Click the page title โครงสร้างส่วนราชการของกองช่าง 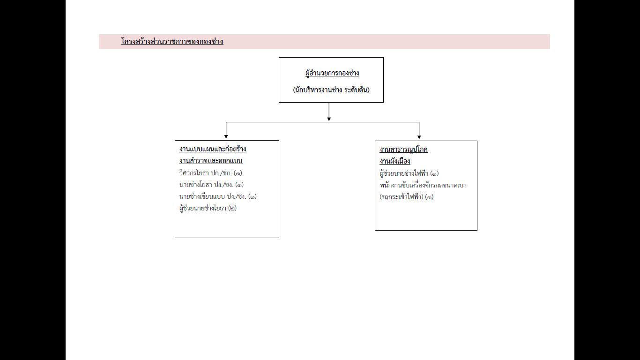coord(172,41)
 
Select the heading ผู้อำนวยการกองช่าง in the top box coord(332,73)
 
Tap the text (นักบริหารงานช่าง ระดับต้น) coord(331,90)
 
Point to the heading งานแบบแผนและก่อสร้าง coord(213,149)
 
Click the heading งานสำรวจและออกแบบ coord(211,161)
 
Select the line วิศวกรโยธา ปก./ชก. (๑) coord(210,173)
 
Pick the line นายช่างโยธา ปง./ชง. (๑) coord(211,185)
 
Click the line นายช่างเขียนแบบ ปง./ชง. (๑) coord(218,196)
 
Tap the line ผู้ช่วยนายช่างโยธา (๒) coord(208,208)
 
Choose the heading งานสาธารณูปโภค coord(403,150)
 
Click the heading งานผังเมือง coord(395,161)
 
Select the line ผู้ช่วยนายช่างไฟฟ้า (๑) coord(409,173)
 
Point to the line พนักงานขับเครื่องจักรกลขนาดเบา coord(423,185)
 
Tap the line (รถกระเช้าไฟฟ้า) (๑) coord(407,197)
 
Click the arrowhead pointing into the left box coord(226,137)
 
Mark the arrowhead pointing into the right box coord(419,137)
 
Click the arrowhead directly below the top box coord(329,119)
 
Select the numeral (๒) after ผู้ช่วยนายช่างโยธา coord(232,208)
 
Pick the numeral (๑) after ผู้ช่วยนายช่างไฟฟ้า coord(435,173)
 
